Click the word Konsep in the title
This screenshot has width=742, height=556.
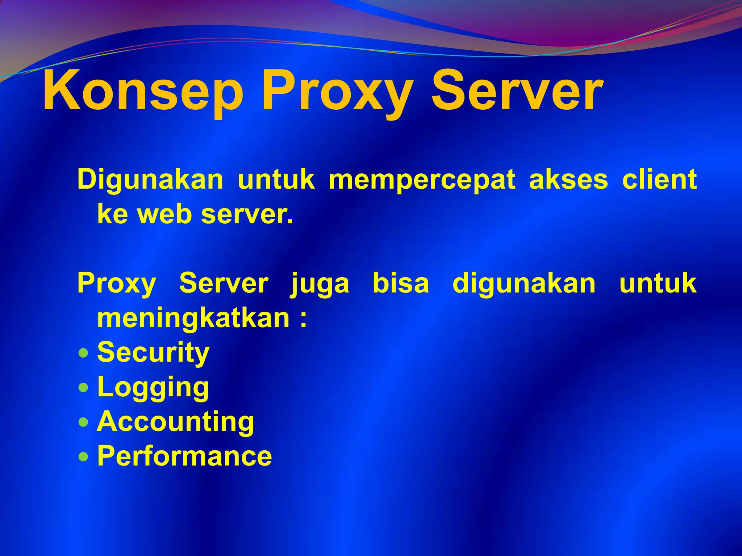pos(143,91)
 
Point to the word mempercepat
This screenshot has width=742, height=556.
pos(422,180)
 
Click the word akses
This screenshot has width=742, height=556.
pos(568,180)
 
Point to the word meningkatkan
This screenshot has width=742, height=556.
pos(193,319)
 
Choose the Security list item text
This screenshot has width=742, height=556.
pos(153,353)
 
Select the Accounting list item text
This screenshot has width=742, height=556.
pos(176,422)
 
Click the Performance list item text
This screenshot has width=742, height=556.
pos(184,456)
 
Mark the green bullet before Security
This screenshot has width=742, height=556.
pos(83,353)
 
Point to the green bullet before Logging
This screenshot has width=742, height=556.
pos(83,387)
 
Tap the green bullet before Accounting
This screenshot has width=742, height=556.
pos(83,422)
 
